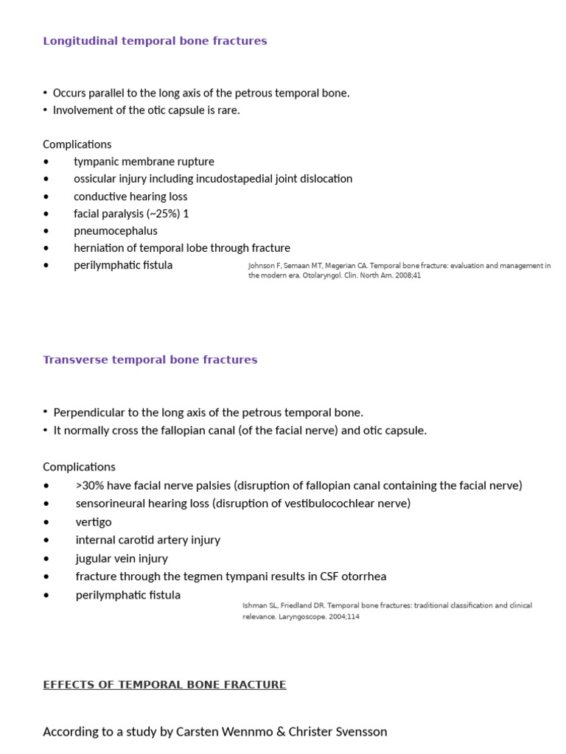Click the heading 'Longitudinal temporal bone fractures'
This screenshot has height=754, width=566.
(x=155, y=41)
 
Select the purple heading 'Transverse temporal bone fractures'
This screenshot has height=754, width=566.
(x=150, y=360)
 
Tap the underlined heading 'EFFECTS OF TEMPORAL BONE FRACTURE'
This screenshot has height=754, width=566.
(x=164, y=685)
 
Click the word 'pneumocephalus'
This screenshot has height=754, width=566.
(x=115, y=230)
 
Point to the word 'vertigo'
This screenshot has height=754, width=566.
(x=94, y=522)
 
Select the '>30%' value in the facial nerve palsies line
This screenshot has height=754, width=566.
(x=89, y=485)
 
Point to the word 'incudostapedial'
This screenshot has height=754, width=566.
(x=226, y=179)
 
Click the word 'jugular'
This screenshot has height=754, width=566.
(x=94, y=558)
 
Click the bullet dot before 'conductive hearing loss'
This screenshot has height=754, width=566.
(x=47, y=197)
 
